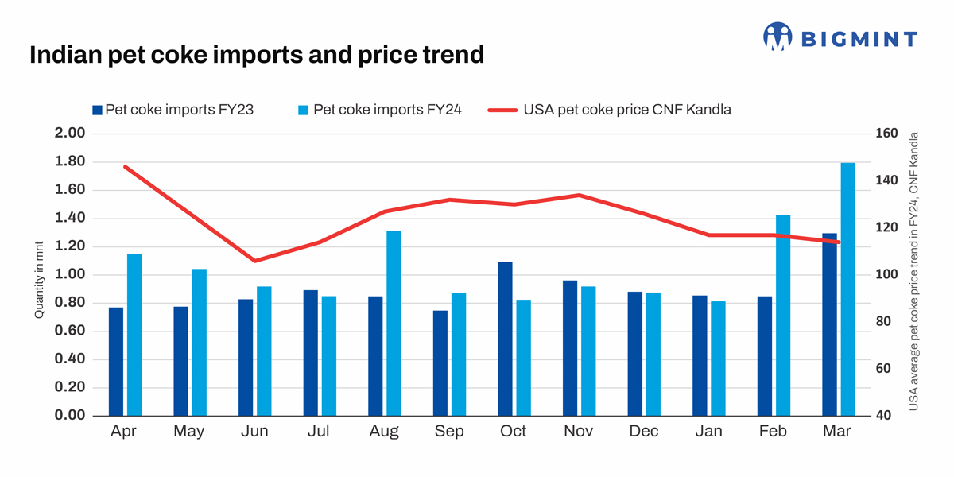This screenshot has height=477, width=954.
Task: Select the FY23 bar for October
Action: pyautogui.click(x=506, y=339)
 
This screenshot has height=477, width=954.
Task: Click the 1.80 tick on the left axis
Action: pyautogui.click(x=69, y=162)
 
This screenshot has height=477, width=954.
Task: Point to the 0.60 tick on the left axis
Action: pyautogui.click(x=69, y=332)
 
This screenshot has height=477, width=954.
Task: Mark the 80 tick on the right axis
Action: pyautogui.click(x=884, y=322)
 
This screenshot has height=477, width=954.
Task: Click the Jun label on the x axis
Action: pyautogui.click(x=254, y=432)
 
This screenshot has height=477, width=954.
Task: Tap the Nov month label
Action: pyautogui.click(x=579, y=432)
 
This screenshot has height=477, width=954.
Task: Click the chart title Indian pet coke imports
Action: pyautogui.click(x=256, y=55)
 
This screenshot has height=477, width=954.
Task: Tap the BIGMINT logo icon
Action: pyautogui.click(x=778, y=37)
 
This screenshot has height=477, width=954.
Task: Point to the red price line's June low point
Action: pyautogui.click(x=254, y=261)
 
